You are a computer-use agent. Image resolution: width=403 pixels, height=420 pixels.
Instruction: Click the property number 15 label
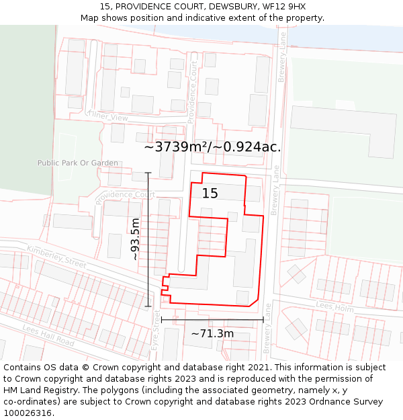(x=210, y=194)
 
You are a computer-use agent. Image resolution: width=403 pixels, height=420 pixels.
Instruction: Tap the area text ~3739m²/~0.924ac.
(x=212, y=147)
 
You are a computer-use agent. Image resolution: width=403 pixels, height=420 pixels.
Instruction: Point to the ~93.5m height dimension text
(x=135, y=239)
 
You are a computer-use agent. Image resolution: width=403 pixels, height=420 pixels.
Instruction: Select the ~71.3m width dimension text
(x=212, y=333)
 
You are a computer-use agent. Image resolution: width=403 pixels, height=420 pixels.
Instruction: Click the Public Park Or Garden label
(x=77, y=163)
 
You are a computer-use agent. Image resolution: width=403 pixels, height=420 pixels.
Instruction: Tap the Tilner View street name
(x=107, y=117)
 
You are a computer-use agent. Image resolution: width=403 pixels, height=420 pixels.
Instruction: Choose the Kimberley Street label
(x=56, y=257)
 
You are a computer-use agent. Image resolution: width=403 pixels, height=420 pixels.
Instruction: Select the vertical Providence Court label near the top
(x=193, y=92)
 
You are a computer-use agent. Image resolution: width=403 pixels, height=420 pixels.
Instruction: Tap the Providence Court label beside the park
(x=125, y=196)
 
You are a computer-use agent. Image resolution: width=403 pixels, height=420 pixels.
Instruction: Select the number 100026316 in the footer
(x=29, y=413)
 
